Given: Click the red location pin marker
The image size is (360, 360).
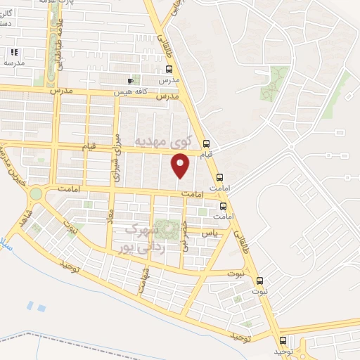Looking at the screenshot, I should coord(181,166).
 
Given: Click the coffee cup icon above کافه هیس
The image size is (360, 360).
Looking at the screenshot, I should coord(130,81).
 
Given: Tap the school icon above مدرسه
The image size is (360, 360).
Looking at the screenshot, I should coord(14,52).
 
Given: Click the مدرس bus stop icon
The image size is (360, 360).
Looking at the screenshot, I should coord(169,70).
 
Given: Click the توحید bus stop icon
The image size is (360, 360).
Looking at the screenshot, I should coord(283,341).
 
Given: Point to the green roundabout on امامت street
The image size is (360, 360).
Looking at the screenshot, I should coord(35,193).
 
